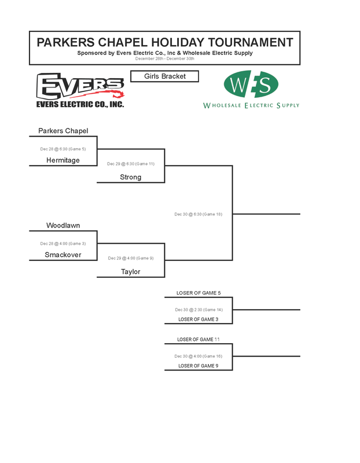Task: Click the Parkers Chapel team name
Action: [63, 131]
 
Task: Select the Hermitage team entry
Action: [63, 160]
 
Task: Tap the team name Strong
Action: [130, 177]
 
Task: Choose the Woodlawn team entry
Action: [63, 225]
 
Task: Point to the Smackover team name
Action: [63, 255]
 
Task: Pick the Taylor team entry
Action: [130, 271]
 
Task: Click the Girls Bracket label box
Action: [165, 76]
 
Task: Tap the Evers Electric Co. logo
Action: [80, 90]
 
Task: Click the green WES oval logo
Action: [251, 84]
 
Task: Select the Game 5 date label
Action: [63, 149]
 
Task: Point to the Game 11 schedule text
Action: [131, 164]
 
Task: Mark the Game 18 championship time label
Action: [199, 214]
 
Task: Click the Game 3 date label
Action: [63, 244]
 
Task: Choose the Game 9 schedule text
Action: [131, 258]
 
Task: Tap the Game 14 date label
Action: [199, 310]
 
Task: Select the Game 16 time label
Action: [199, 357]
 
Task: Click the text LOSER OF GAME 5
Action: [199, 293]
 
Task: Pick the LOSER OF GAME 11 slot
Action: [199, 339]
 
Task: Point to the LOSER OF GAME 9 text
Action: [199, 366]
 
